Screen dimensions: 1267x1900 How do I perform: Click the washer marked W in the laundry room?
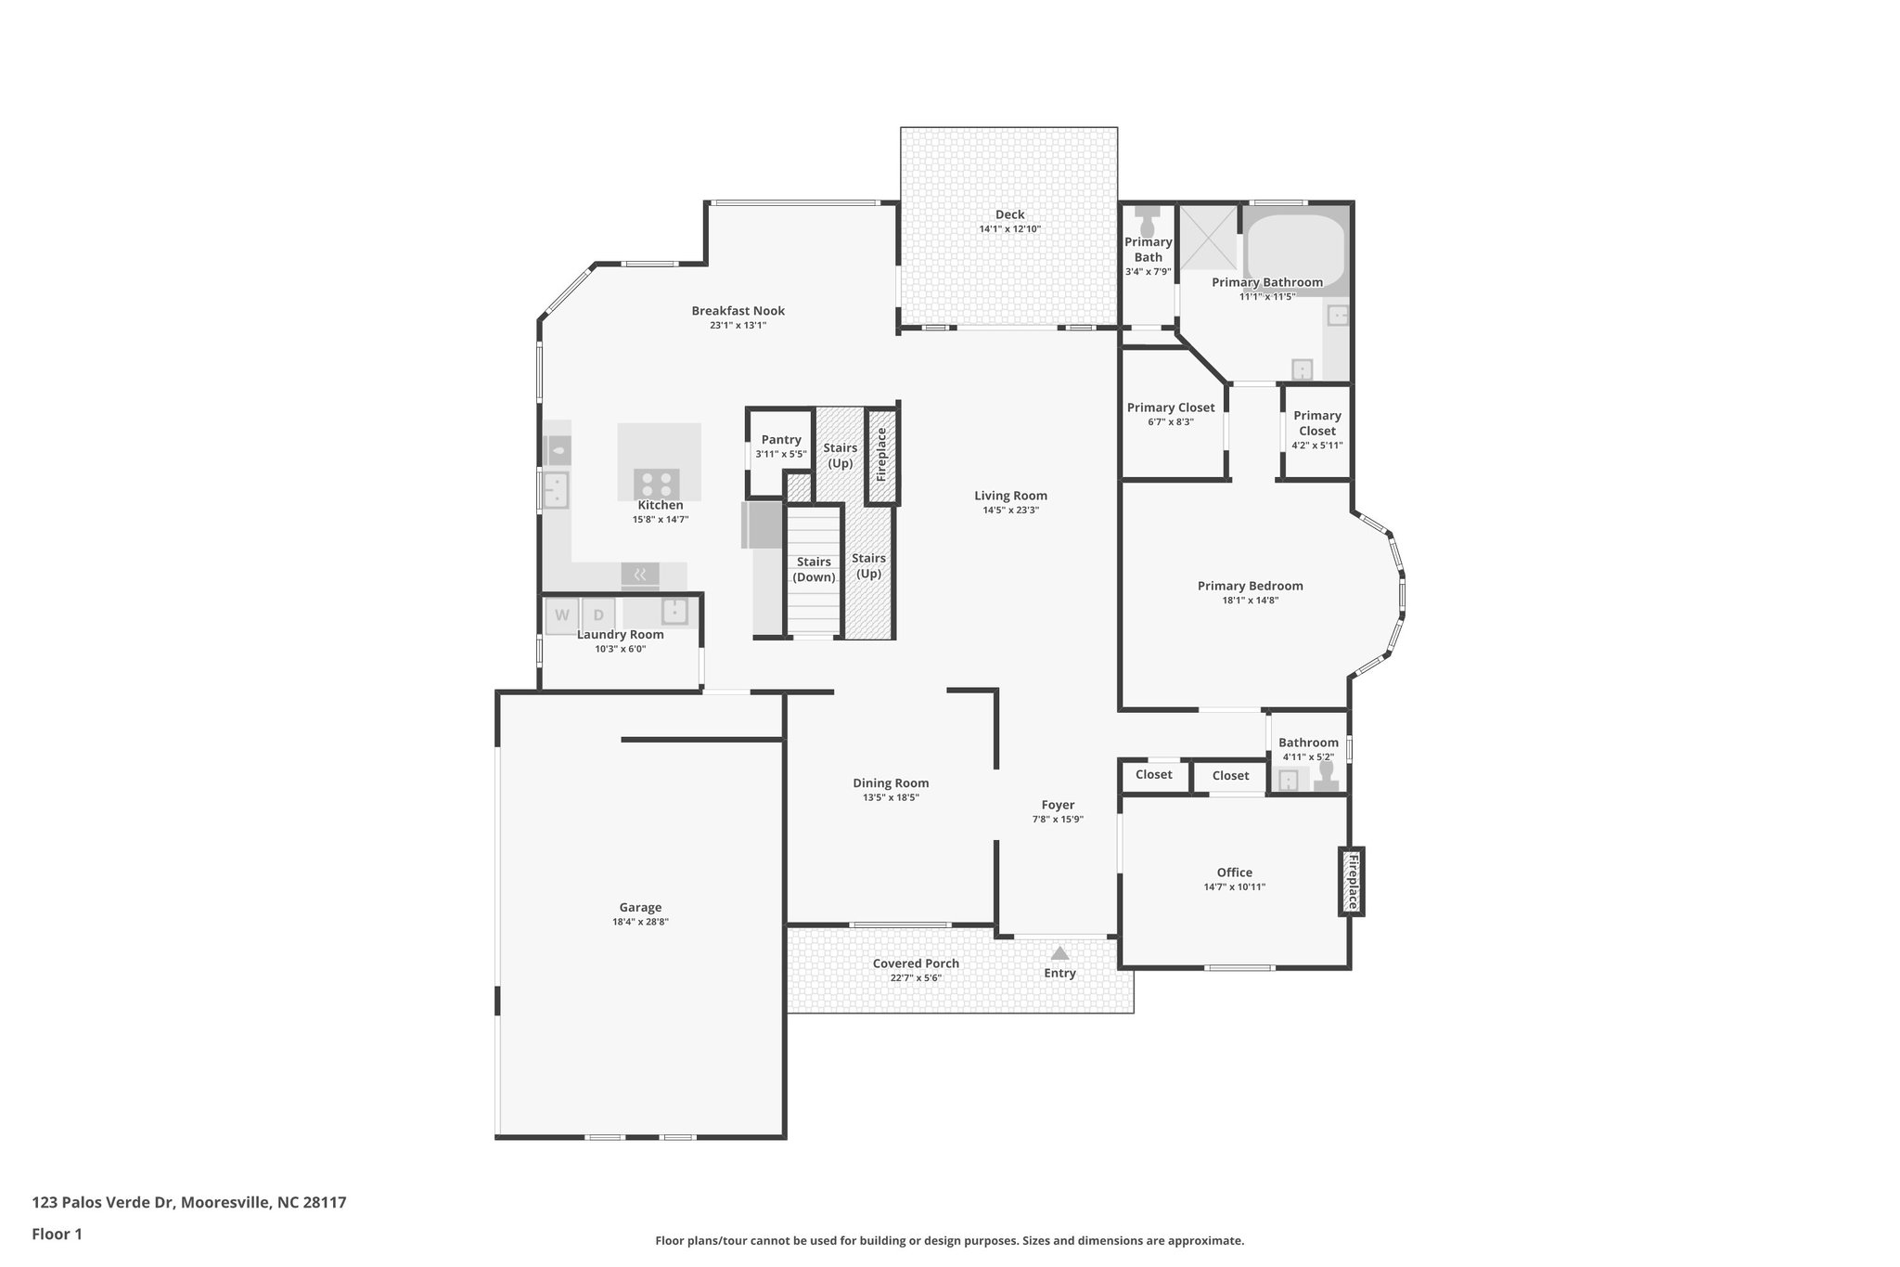(x=562, y=615)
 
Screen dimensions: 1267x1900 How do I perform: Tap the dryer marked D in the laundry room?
(x=598, y=615)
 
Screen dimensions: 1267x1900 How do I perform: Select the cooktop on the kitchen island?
(x=657, y=484)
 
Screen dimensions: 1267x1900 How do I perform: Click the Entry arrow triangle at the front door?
(x=1059, y=953)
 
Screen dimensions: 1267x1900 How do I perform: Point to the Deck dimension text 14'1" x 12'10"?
(x=1009, y=229)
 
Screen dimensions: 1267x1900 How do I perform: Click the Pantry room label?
(x=781, y=440)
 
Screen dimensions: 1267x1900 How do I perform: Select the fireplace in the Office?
(x=1352, y=881)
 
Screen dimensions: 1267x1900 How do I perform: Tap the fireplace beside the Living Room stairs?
(x=882, y=454)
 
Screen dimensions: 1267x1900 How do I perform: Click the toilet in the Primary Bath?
(x=1148, y=222)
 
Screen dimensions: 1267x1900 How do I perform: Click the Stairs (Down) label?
(x=814, y=569)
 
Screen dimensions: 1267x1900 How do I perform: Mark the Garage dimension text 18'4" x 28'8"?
(x=640, y=923)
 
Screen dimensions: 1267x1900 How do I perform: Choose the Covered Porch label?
(x=916, y=963)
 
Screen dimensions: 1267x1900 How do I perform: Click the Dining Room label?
(x=891, y=783)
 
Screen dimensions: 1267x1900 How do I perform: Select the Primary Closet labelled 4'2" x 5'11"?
(x=1317, y=430)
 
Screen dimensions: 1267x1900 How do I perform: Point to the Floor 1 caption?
(x=58, y=1235)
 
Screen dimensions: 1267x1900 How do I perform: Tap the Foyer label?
(x=1058, y=805)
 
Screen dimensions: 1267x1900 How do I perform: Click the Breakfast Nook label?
(x=738, y=311)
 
